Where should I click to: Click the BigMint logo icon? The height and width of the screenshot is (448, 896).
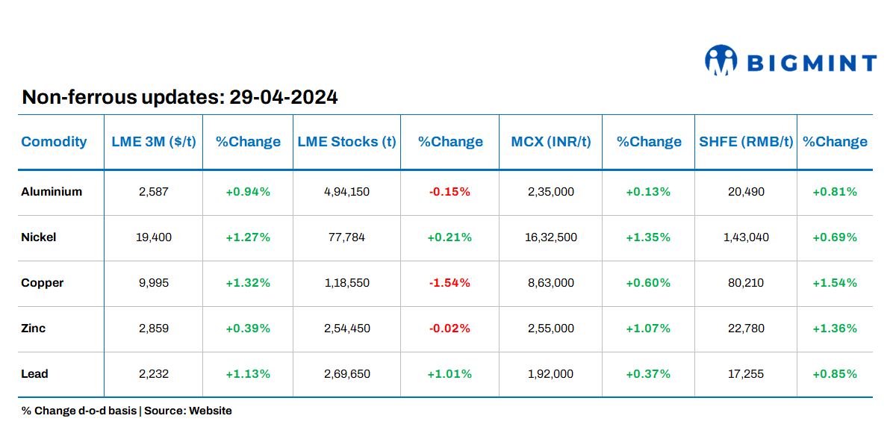pos(721,60)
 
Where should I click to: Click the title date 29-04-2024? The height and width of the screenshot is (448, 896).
pos(284,97)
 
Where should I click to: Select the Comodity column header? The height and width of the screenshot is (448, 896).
pos(54,142)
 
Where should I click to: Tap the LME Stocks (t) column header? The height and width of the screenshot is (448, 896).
pos(346,142)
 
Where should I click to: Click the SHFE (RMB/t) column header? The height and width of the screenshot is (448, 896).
pos(746,142)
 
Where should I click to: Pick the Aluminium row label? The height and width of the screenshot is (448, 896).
pos(52,192)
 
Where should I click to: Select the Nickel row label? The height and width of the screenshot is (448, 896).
pos(39,237)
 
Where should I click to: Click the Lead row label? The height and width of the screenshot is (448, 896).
pos(34,374)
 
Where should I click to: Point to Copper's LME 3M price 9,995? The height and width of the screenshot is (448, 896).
pos(154,283)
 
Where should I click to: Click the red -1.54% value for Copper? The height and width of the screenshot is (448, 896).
pos(449,283)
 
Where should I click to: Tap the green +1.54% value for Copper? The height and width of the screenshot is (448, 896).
pos(835,283)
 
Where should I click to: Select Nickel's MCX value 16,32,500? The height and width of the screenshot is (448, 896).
pos(551,237)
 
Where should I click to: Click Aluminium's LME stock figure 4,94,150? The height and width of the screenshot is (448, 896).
pos(346,192)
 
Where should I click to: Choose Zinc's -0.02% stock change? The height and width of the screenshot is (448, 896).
pos(449,329)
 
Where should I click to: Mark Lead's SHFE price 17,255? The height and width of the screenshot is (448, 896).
pos(746,374)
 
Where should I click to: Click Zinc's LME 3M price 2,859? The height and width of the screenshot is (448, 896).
pos(154,329)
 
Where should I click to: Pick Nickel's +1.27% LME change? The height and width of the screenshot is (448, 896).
pos(248,237)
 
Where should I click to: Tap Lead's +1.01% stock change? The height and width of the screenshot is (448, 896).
pos(449,374)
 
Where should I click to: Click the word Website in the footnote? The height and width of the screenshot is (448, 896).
pos(211,411)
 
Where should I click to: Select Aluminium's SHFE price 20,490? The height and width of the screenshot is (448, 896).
pos(746,192)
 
